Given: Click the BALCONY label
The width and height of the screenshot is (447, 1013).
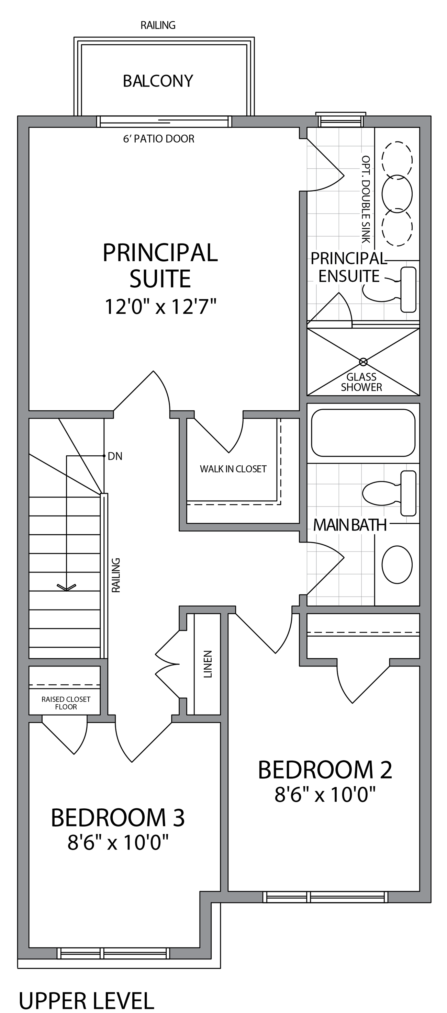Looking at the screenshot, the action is point(158,81).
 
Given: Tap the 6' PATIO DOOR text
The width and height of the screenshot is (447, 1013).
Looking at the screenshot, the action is point(159,139).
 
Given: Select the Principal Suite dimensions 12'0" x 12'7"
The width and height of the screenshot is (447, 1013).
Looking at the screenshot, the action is point(160,307).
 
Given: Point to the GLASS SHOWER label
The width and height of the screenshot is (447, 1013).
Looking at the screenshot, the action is point(361,382).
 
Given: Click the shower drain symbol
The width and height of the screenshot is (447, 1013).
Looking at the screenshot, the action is point(363,361).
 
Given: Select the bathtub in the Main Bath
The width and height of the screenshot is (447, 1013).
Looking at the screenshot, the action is point(363,433).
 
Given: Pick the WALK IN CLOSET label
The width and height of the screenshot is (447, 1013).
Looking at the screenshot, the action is point(233,469).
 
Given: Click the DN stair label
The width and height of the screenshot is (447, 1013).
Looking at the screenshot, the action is point(115,456).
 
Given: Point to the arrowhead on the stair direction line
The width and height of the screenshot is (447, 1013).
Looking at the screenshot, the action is point(67,588).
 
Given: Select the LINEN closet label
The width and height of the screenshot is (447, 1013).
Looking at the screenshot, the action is point(208,664).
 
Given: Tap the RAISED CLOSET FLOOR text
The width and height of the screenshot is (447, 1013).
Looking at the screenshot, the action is point(66,703).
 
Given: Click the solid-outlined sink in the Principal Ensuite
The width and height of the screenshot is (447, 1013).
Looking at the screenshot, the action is point(397,193).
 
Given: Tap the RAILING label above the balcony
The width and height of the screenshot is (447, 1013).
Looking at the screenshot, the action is point(158,25).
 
